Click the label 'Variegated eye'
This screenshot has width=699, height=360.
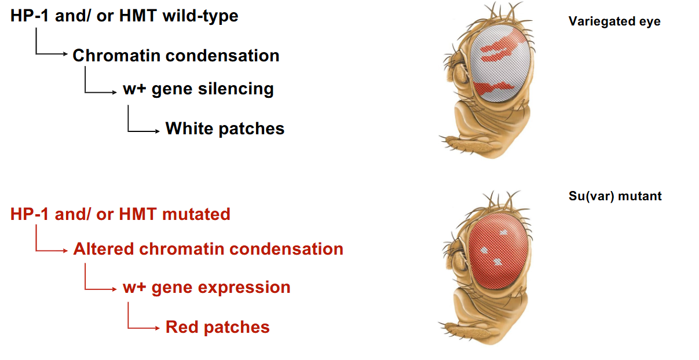point(614,21)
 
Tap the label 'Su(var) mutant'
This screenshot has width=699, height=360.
point(615,196)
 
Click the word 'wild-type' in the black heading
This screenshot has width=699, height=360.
point(200,16)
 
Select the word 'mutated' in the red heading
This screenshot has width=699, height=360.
point(196,214)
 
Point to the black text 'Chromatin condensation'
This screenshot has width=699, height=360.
point(176,56)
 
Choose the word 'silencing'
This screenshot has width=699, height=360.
point(236,89)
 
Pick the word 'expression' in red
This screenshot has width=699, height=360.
point(244,288)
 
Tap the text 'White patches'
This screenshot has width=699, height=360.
point(225,128)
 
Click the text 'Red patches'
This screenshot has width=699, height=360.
point(218,327)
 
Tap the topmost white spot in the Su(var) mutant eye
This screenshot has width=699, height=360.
point(503,233)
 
